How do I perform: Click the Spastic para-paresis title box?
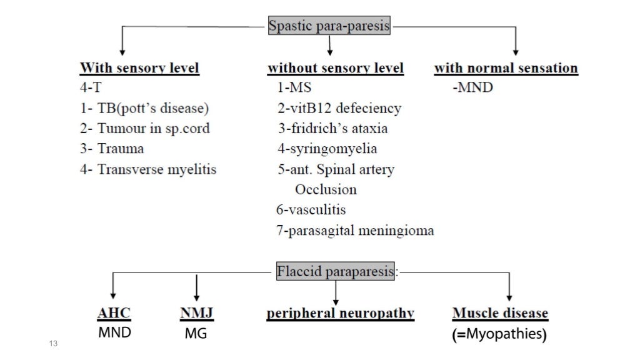(x=329, y=27)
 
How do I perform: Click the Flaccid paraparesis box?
(x=336, y=272)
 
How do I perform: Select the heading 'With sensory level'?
(x=139, y=68)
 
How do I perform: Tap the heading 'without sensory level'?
(x=336, y=68)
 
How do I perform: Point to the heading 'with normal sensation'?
(x=506, y=68)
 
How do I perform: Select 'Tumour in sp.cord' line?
(x=145, y=128)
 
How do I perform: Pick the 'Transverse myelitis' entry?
(x=148, y=169)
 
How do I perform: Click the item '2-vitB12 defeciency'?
(x=339, y=108)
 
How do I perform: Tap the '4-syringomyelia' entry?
(x=327, y=149)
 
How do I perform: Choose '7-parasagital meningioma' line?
(x=355, y=231)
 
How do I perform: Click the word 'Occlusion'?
(x=326, y=189)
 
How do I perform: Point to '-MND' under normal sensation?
(x=472, y=87)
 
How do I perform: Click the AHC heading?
(x=114, y=313)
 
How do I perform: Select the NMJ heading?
(x=197, y=313)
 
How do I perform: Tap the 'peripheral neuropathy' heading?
(x=341, y=313)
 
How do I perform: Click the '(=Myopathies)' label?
(x=499, y=334)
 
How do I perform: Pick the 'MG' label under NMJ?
(x=196, y=335)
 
